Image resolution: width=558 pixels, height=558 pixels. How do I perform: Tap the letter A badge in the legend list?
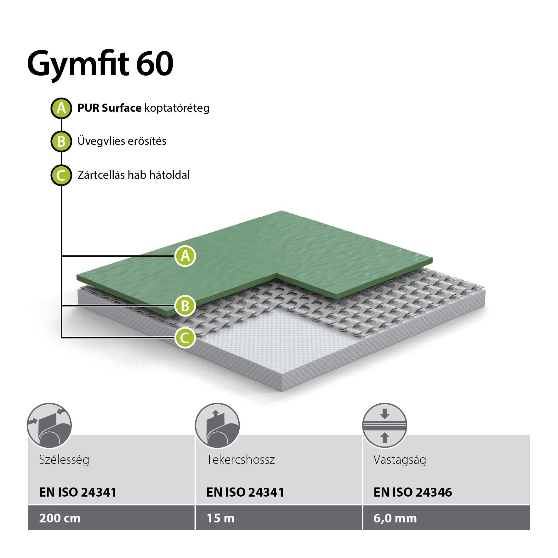pyautogui.click(x=61, y=108)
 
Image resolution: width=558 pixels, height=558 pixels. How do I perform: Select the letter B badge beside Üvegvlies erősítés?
pyautogui.click(x=61, y=141)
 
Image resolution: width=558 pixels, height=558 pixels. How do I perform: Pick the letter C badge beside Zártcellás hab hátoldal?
pyautogui.click(x=61, y=175)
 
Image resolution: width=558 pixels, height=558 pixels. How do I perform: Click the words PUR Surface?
pyautogui.click(x=109, y=108)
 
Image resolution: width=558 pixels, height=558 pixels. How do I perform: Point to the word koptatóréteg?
pyautogui.click(x=177, y=109)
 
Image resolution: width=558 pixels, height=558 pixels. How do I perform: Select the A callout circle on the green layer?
pyautogui.click(x=185, y=256)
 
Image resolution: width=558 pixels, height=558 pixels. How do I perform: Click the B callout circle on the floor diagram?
pyautogui.click(x=185, y=306)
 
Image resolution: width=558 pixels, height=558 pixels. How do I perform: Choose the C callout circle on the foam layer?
pyautogui.click(x=185, y=338)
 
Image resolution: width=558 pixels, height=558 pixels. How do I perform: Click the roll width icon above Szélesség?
pyautogui.click(x=49, y=426)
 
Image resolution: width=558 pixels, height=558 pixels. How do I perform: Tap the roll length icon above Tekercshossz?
pyautogui.click(x=217, y=426)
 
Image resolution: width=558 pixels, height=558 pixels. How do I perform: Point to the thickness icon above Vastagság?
pyautogui.click(x=384, y=426)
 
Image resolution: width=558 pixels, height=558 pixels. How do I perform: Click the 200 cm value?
pyautogui.click(x=60, y=518)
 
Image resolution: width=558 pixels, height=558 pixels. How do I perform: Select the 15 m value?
pyautogui.click(x=220, y=518)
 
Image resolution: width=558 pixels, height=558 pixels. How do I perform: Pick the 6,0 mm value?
pyautogui.click(x=395, y=519)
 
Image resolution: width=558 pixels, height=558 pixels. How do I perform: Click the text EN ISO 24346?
pyautogui.click(x=413, y=492)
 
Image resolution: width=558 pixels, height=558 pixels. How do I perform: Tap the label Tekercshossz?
pyautogui.click(x=240, y=459)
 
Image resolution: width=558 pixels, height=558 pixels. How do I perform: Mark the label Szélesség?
pyautogui.click(x=64, y=460)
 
